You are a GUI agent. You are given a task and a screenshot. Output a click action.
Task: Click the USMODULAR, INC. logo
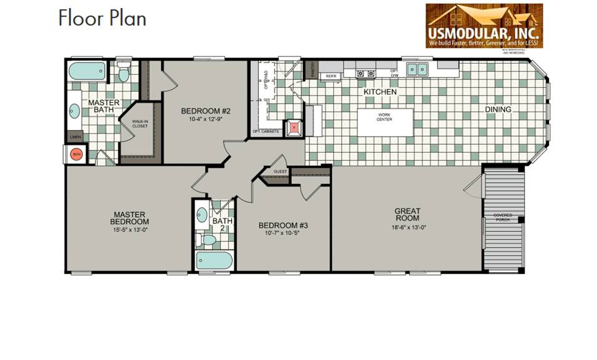pyautogui.click(x=484, y=26)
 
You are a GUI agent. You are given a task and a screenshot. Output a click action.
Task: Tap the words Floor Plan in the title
pyautogui.click(x=102, y=18)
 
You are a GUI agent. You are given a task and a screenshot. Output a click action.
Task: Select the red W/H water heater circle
pyautogui.click(x=77, y=154)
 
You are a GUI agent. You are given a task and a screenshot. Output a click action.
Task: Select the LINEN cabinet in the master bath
pyautogui.click(x=75, y=136)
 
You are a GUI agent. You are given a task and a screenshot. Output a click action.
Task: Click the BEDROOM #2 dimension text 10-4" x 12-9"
pyautogui.click(x=206, y=119)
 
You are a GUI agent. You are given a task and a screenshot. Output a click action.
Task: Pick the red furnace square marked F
pyautogui.click(x=294, y=127)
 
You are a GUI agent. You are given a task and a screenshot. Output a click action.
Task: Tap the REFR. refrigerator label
pyautogui.click(x=330, y=76)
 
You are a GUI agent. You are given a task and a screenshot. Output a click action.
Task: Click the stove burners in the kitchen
pyautogui.click(x=365, y=73)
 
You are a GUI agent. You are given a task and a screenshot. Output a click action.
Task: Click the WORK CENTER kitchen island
pyautogui.click(x=384, y=122)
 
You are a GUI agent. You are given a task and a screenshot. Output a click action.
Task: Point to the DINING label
pyautogui.click(x=498, y=110)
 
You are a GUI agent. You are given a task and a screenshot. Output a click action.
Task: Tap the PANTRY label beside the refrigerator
pyautogui.click(x=313, y=71)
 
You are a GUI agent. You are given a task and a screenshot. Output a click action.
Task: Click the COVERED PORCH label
pyautogui.click(x=503, y=217)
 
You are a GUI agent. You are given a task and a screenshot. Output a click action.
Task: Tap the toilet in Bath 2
pyautogui.click(x=208, y=240)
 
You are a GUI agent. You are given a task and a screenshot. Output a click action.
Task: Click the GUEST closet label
pyautogui.click(x=279, y=171)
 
